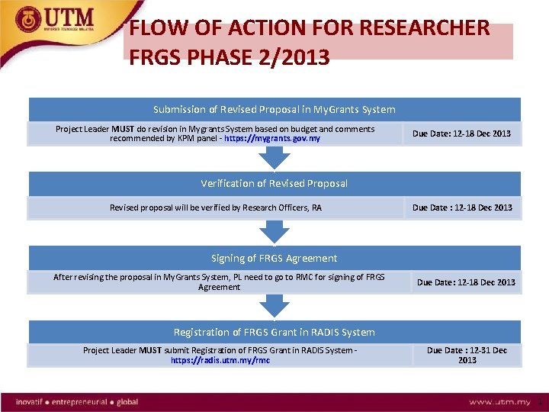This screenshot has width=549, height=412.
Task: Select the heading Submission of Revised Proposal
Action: tap(274, 109)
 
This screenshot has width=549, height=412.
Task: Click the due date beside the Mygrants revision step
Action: tap(461, 134)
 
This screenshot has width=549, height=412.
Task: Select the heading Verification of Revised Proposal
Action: tap(274, 183)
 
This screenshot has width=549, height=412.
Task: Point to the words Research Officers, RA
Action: tap(281, 208)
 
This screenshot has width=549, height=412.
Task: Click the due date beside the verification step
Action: tap(462, 208)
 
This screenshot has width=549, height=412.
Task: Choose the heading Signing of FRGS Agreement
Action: tap(274, 258)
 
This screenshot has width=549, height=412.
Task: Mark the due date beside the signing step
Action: tap(465, 282)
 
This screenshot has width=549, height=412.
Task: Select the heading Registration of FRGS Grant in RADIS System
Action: tap(274, 332)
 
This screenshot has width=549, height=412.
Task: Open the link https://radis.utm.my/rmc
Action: tap(220, 360)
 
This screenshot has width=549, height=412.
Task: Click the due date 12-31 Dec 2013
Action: tap(467, 355)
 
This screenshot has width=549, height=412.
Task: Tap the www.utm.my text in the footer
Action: tap(499, 401)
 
